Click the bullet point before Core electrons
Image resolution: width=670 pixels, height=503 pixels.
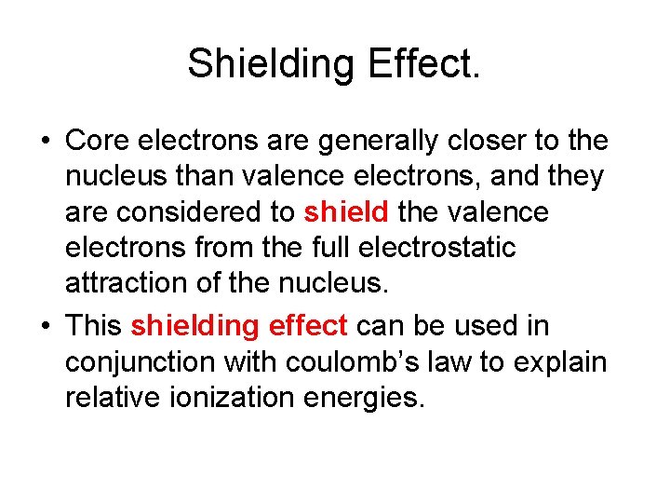tap(46, 143)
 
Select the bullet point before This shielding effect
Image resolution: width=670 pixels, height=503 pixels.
tap(46, 327)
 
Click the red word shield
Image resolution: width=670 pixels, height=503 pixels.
tap(346, 213)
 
